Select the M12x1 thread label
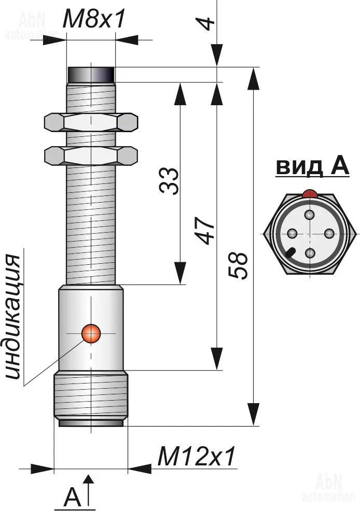pos(197,457)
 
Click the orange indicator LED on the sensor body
pos(92,333)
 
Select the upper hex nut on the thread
pos(91,122)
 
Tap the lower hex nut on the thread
pos(91,154)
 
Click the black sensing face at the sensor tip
pos(92,75)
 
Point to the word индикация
pos(16,317)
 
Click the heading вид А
pos(312,167)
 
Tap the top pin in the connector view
pos(310,215)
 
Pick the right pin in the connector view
pos(329,234)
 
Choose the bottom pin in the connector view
pos(310,253)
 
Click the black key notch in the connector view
pos(289,254)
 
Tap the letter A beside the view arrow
pos(73,498)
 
